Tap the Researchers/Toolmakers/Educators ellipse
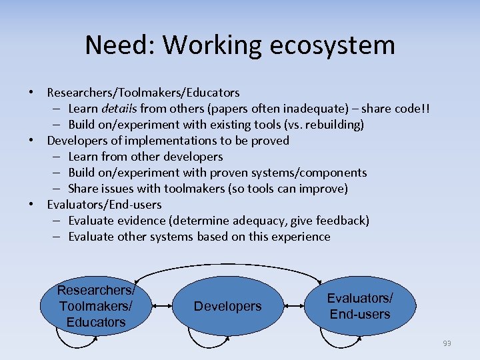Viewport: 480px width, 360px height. [x=96, y=306]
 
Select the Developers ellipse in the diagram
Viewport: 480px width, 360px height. [x=227, y=306]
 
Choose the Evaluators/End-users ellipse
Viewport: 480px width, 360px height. [x=360, y=306]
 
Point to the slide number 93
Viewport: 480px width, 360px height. [x=446, y=343]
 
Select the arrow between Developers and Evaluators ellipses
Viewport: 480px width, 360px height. [x=293, y=306]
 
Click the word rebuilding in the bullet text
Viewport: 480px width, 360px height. [x=335, y=125]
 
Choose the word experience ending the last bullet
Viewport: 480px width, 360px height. [x=301, y=237]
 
